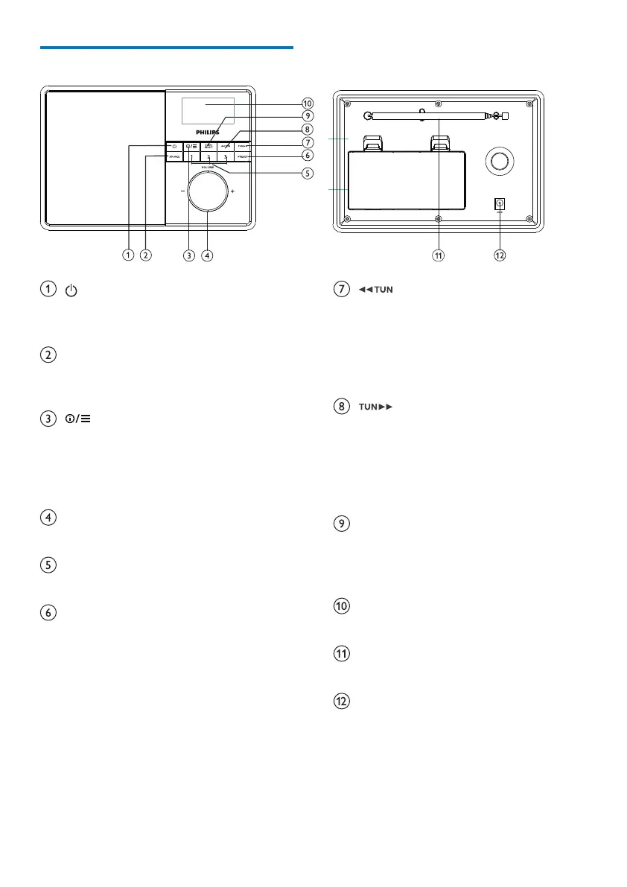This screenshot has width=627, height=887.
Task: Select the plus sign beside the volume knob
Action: coord(232,191)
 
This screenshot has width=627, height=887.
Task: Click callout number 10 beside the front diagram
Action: coord(307,103)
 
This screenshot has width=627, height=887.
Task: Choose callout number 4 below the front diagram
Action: coord(207,255)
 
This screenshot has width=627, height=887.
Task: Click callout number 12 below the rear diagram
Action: coord(500,255)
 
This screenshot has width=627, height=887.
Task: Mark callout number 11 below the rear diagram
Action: coord(439,255)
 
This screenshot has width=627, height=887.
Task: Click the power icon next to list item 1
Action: coord(71,289)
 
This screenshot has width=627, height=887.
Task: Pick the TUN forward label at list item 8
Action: coord(376,407)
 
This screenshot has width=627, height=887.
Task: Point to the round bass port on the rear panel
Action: coord(500,161)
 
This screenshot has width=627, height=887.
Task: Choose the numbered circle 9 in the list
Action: coord(340,524)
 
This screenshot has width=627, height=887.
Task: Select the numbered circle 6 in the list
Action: coord(48,613)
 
